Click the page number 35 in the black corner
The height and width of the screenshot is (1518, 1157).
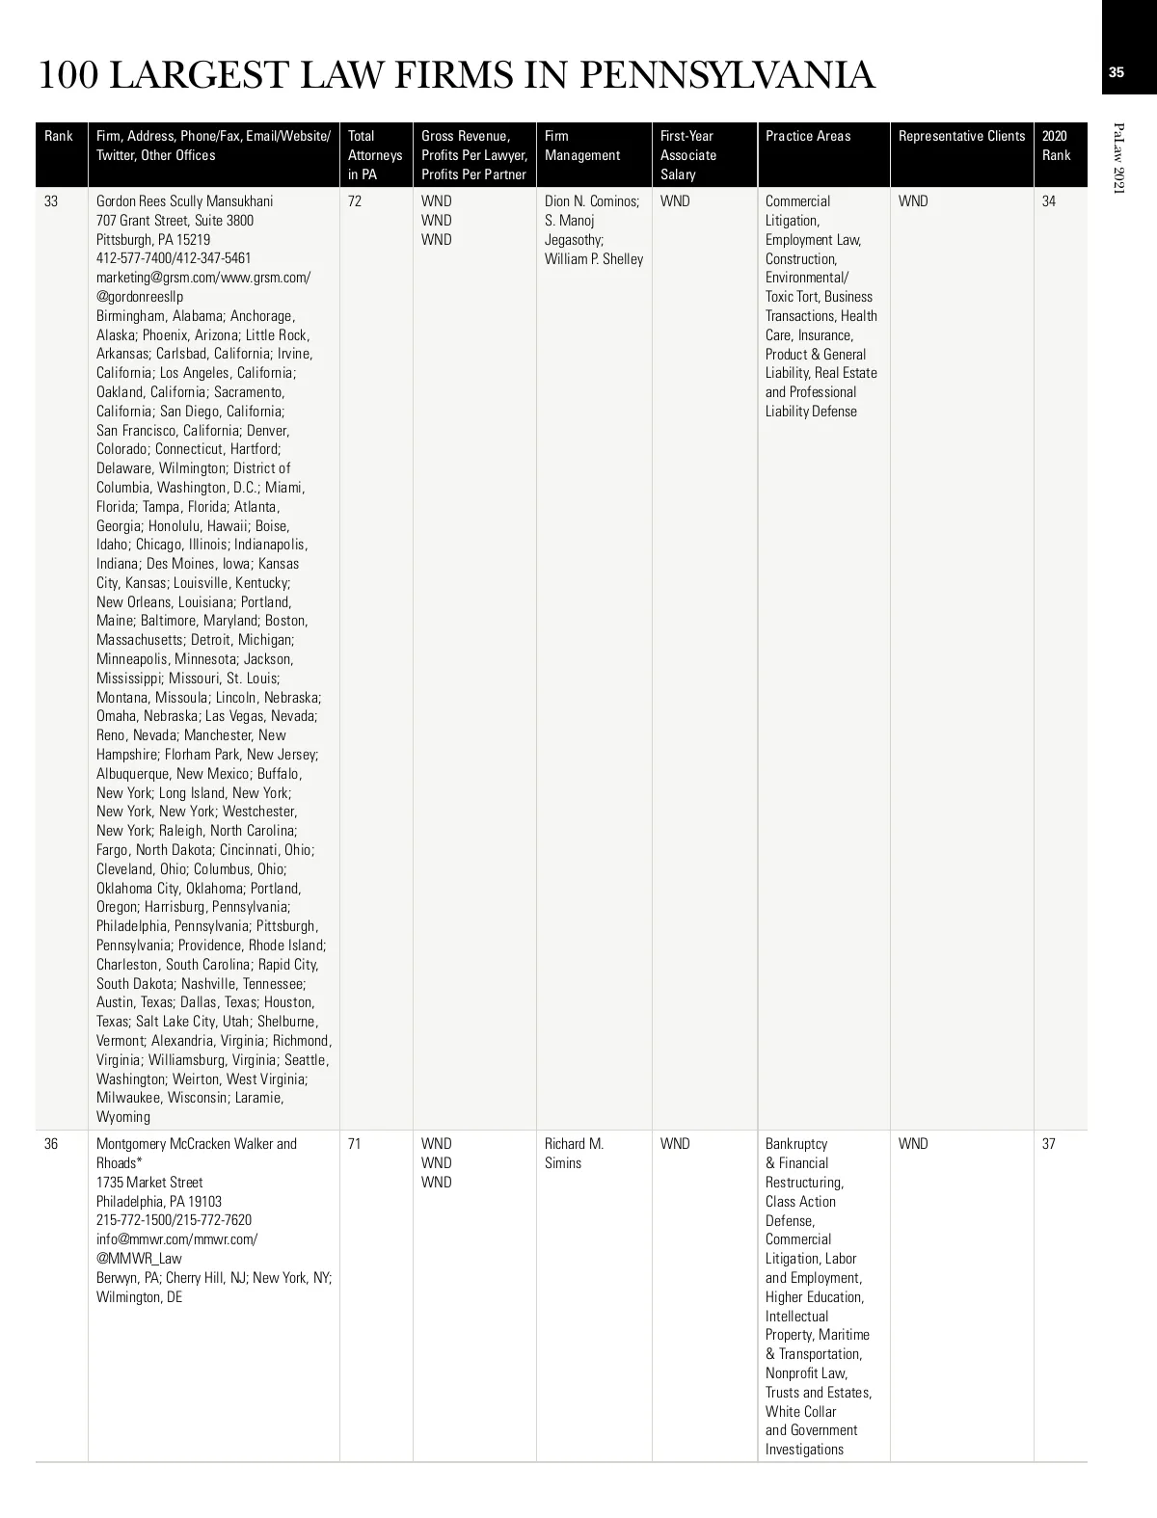pos(1117,72)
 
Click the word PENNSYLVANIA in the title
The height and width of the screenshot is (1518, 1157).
pos(728,75)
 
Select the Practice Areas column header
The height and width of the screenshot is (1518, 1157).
pos(808,136)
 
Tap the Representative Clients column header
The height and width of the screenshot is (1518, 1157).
pos(961,136)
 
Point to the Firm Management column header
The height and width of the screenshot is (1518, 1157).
pos(582,146)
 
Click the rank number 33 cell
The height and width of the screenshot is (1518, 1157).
pos(51,201)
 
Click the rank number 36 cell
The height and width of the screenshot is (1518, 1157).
pos(51,1144)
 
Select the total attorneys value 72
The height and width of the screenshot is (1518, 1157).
pos(355,201)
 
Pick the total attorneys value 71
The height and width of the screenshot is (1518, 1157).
pos(355,1144)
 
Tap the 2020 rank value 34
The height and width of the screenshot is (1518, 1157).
pos(1049,201)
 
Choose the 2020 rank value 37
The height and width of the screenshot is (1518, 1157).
pos(1049,1144)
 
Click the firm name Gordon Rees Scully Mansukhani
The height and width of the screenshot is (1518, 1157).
pos(184,201)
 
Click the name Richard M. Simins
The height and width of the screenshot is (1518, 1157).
pos(574,1154)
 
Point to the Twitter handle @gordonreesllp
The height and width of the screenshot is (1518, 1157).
pos(140,297)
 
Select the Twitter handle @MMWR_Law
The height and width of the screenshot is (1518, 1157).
pos(139,1259)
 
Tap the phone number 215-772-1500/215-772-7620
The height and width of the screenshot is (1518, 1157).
pos(174,1220)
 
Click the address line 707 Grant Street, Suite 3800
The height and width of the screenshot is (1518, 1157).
pos(175,221)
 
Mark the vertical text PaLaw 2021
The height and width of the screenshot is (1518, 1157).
pos(1118,158)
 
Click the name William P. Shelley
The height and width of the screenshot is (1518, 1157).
pos(594,259)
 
